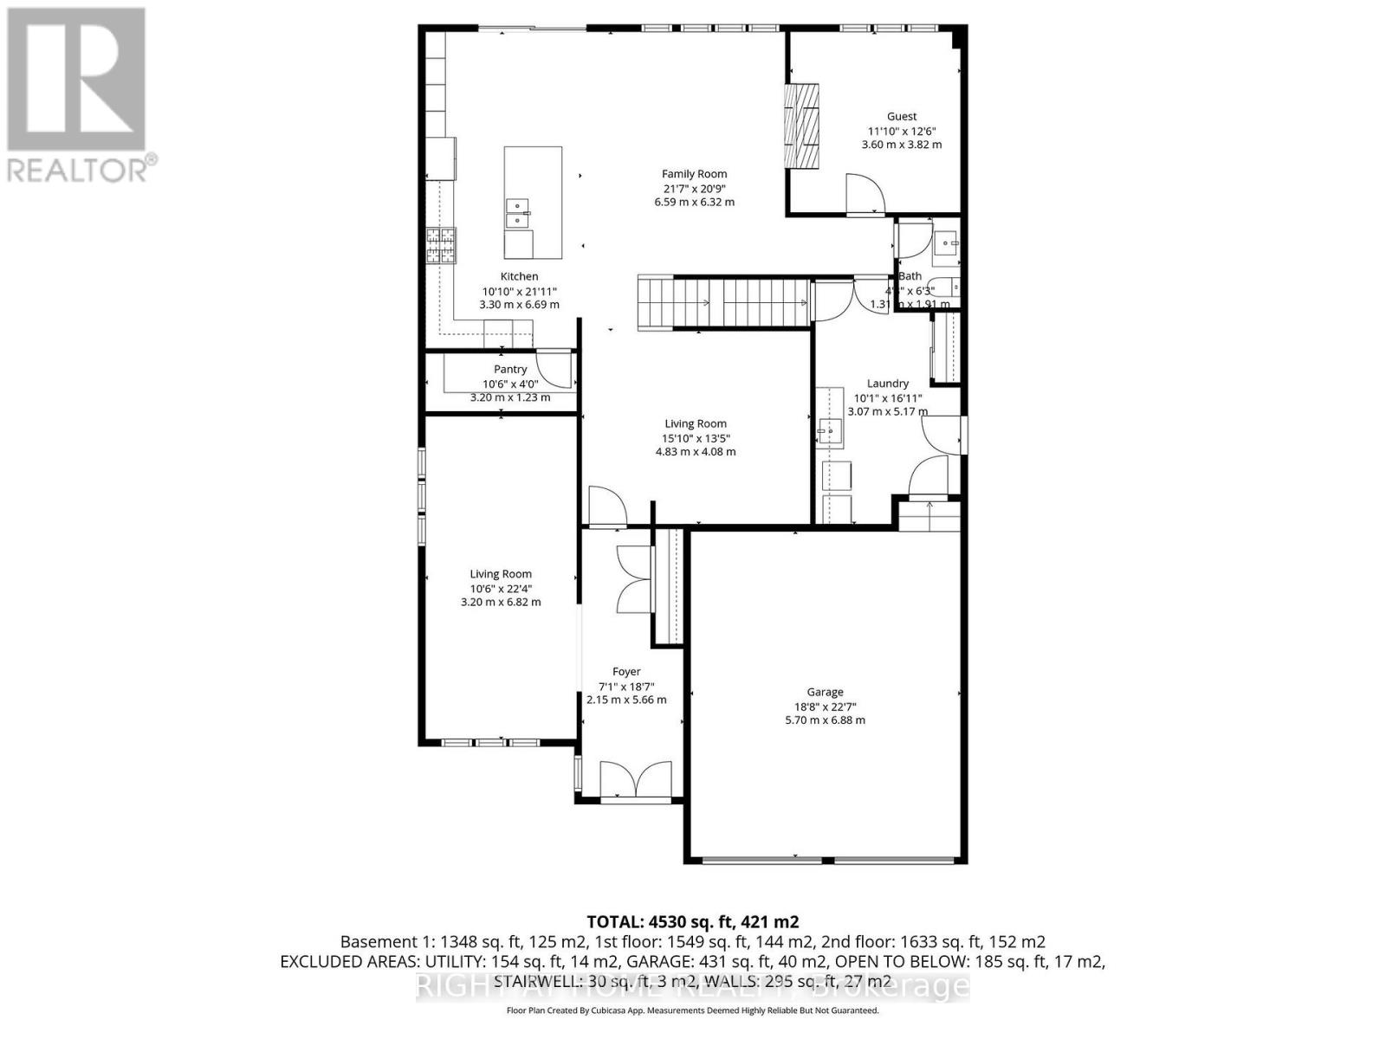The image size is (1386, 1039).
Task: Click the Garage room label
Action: point(825,692)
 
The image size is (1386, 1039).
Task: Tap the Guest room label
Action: point(901,116)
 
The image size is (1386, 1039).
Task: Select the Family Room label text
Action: point(694,174)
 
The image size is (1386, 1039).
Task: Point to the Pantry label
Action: point(510,370)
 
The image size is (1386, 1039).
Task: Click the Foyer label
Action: point(626,672)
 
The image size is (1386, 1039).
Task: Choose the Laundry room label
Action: point(887,384)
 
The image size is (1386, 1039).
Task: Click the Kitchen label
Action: point(519,277)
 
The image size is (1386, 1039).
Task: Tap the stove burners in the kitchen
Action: point(440,245)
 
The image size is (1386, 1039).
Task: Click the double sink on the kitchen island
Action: point(518,213)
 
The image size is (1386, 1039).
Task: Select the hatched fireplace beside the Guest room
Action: point(801,126)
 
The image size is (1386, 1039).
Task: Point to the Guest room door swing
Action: point(864,194)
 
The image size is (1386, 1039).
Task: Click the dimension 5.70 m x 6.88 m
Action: point(825,720)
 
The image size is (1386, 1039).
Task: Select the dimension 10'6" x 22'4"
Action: point(501,588)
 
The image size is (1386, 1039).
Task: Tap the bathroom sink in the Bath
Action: point(946,243)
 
